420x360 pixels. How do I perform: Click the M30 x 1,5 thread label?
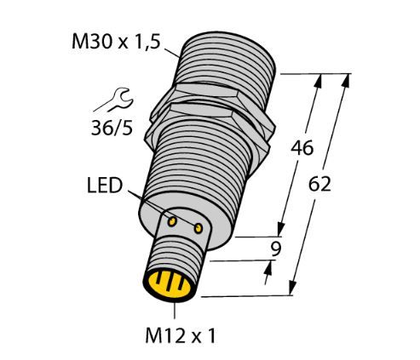[116, 42]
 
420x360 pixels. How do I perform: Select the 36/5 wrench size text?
[112, 128]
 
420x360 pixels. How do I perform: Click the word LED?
[105, 186]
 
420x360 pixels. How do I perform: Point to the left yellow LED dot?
[172, 221]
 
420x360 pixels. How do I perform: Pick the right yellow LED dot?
[198, 228]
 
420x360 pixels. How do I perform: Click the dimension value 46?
[302, 148]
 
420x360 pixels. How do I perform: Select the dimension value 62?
[319, 184]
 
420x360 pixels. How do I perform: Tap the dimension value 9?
[275, 249]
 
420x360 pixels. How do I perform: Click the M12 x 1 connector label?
[181, 336]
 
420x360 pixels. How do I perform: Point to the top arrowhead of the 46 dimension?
[319, 82]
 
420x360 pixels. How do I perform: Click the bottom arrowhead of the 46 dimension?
[281, 228]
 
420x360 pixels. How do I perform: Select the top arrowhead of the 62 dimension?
[346, 82]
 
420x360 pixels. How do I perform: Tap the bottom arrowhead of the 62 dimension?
[293, 288]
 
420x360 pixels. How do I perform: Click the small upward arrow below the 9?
[268, 272]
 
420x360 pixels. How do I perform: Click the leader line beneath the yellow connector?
[175, 311]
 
